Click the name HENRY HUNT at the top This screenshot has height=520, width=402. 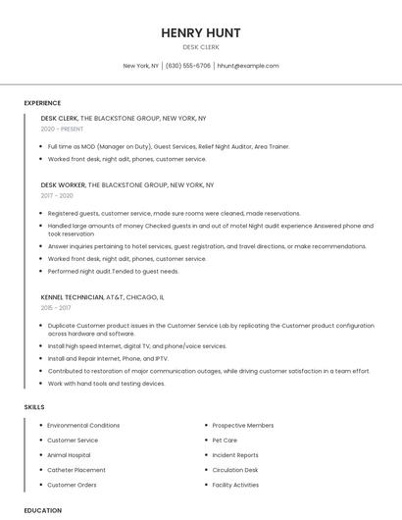coord(201,32)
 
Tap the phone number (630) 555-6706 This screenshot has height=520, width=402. coord(188,66)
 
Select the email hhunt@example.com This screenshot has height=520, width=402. coord(248,66)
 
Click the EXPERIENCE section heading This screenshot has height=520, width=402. coord(42,103)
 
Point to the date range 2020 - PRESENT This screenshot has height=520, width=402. coord(63,129)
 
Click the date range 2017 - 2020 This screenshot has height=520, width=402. coord(57,195)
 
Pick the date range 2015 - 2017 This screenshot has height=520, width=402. coord(57,307)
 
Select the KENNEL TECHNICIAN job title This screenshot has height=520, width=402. coord(72,296)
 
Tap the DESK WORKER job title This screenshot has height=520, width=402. coord(64,184)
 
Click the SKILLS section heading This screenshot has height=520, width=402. coord(34,406)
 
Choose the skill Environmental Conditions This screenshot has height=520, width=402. coord(83,426)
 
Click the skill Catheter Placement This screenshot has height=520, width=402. coord(75,470)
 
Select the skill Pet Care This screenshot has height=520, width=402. coord(225,441)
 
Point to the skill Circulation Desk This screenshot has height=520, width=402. coord(235,470)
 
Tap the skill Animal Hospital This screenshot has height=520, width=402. coord(69,455)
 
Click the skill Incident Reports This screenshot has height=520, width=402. coord(235,455)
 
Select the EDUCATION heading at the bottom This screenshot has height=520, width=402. coord(42,510)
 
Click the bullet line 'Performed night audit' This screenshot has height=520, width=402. coord(113,271)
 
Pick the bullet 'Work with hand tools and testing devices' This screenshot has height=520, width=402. coord(106,383)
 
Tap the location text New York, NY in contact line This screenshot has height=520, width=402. coord(140,66)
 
